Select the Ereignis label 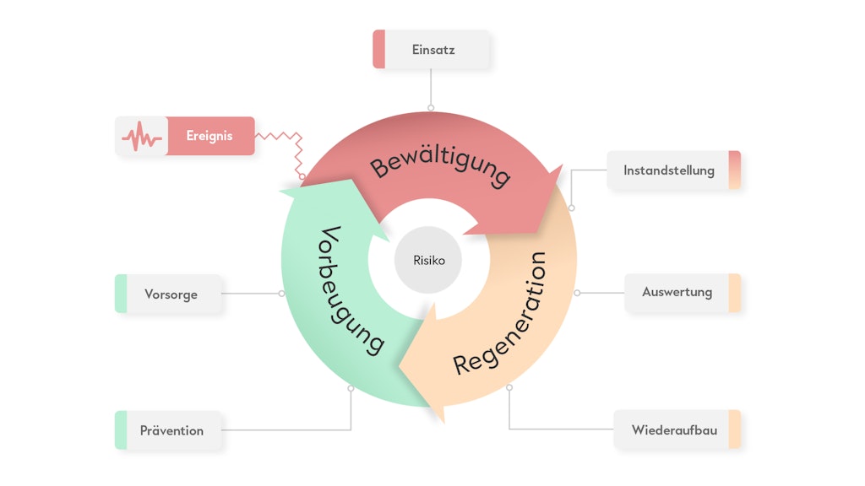(x=209, y=136)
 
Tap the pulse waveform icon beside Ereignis (x=141, y=136)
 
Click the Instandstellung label (x=669, y=170)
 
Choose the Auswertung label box (x=677, y=293)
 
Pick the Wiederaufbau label (x=674, y=430)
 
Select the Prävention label (x=171, y=430)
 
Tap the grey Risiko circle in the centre (x=428, y=261)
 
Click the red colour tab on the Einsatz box (x=379, y=50)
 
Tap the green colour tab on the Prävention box (x=121, y=430)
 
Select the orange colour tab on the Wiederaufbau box (x=734, y=430)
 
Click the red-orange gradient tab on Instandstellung (x=734, y=170)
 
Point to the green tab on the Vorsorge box (x=121, y=294)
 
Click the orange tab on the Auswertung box (x=734, y=293)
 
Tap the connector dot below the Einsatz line (x=431, y=108)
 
